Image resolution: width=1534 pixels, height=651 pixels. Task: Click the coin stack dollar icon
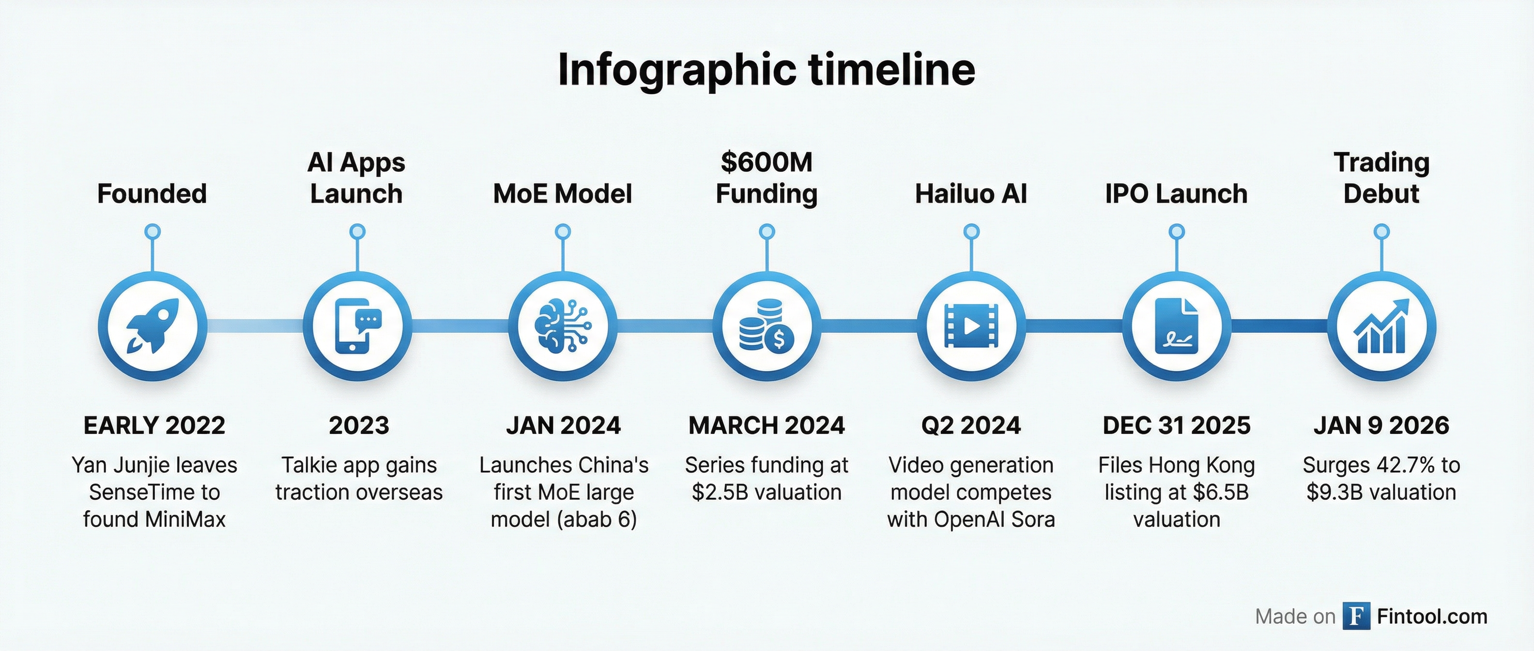pyautogui.click(x=767, y=326)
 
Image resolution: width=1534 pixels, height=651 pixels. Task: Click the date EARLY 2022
pyautogui.click(x=154, y=425)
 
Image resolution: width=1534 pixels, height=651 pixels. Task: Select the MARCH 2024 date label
pyautogui.click(x=767, y=425)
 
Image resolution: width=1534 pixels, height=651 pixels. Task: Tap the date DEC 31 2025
pyautogui.click(x=1177, y=425)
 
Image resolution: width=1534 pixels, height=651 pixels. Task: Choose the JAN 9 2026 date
pyautogui.click(x=1381, y=425)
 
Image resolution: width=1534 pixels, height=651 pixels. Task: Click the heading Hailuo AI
pyautogui.click(x=971, y=194)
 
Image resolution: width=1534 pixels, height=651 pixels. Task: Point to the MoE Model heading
pyautogui.click(x=563, y=194)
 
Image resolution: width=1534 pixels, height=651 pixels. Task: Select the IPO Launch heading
pyautogui.click(x=1176, y=194)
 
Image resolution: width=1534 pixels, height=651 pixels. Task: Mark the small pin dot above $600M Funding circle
pyautogui.click(x=767, y=231)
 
